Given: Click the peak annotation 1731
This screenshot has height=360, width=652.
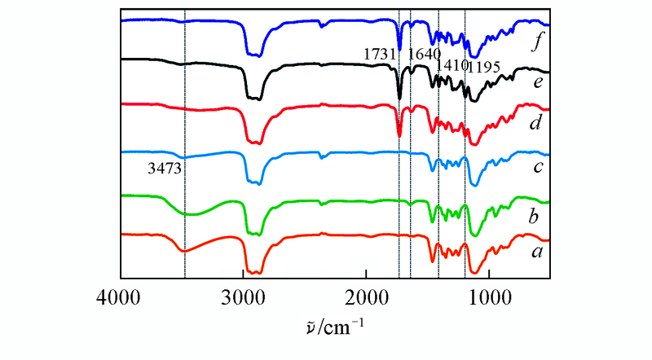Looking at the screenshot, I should point(380,55).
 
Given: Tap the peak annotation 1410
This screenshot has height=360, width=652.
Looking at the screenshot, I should point(451,64).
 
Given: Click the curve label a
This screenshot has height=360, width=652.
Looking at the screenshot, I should point(536,252).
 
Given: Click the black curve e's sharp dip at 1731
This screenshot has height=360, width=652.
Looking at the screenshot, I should point(399,98).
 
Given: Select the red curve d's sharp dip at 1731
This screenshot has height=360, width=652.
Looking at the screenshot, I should point(399,135).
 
